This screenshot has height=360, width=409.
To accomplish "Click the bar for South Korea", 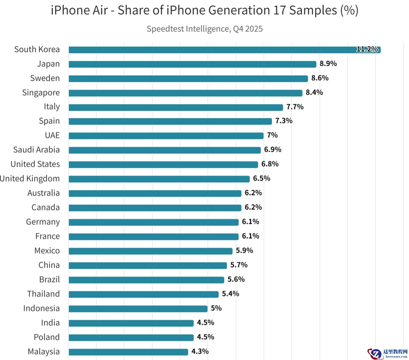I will click(224, 50).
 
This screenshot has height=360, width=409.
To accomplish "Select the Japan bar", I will click(192, 64).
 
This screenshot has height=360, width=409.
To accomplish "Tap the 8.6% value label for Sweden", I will click(320, 78).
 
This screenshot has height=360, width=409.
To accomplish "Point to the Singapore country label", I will click(41, 93).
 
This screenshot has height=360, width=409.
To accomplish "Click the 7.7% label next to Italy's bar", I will click(295, 107).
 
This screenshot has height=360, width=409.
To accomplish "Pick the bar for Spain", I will click(170, 121).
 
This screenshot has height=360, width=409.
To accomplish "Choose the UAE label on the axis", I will click(52, 135).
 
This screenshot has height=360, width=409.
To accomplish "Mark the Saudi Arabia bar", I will click(164, 150).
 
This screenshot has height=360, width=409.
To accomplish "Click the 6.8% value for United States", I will click(270, 164).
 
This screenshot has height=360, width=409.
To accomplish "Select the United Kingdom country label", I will click(30, 179).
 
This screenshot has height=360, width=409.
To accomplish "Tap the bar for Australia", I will click(155, 193).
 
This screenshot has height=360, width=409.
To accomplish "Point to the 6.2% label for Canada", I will click(253, 207).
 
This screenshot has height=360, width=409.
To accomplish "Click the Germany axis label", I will click(43, 222).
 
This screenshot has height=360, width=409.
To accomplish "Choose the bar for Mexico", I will click(151, 251).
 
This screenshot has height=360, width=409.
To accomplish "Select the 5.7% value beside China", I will click(239, 265).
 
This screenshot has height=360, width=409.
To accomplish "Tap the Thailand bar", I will click(143, 294).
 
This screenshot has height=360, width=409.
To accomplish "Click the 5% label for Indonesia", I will click(216, 308).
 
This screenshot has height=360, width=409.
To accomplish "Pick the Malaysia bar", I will click(128, 352).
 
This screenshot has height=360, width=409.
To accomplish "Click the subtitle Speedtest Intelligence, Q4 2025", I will click(204, 29).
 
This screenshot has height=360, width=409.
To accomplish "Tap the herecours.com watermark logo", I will click(388, 353).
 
